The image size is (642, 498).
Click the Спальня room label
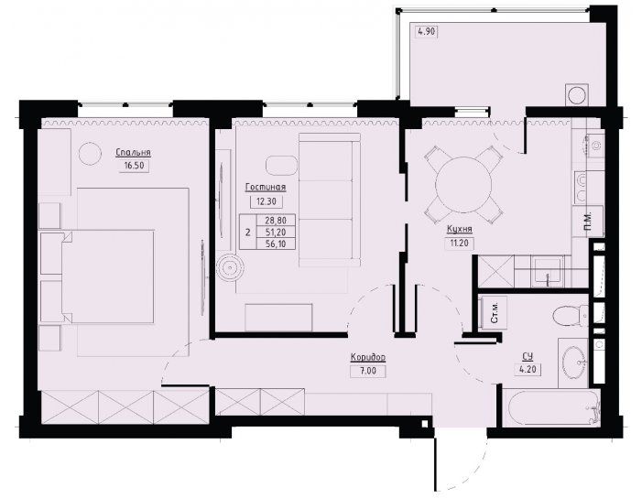(133, 153)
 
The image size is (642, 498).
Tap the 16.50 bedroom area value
(134, 166)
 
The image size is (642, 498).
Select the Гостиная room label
(266, 188)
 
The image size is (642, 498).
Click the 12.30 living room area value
(267, 201)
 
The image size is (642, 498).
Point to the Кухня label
(460, 230)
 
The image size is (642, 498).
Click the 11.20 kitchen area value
(460, 244)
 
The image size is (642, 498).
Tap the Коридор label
(368, 358)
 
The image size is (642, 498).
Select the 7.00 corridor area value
(368, 371)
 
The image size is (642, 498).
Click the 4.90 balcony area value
(427, 31)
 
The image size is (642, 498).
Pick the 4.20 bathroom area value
(528, 370)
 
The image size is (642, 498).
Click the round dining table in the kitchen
(463, 185)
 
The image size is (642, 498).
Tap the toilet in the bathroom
(570, 316)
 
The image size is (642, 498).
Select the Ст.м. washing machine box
(495, 313)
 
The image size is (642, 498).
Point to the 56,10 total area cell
(275, 244)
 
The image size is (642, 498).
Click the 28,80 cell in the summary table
(275, 220)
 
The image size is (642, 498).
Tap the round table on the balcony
(577, 95)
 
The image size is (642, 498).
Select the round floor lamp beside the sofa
(230, 268)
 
